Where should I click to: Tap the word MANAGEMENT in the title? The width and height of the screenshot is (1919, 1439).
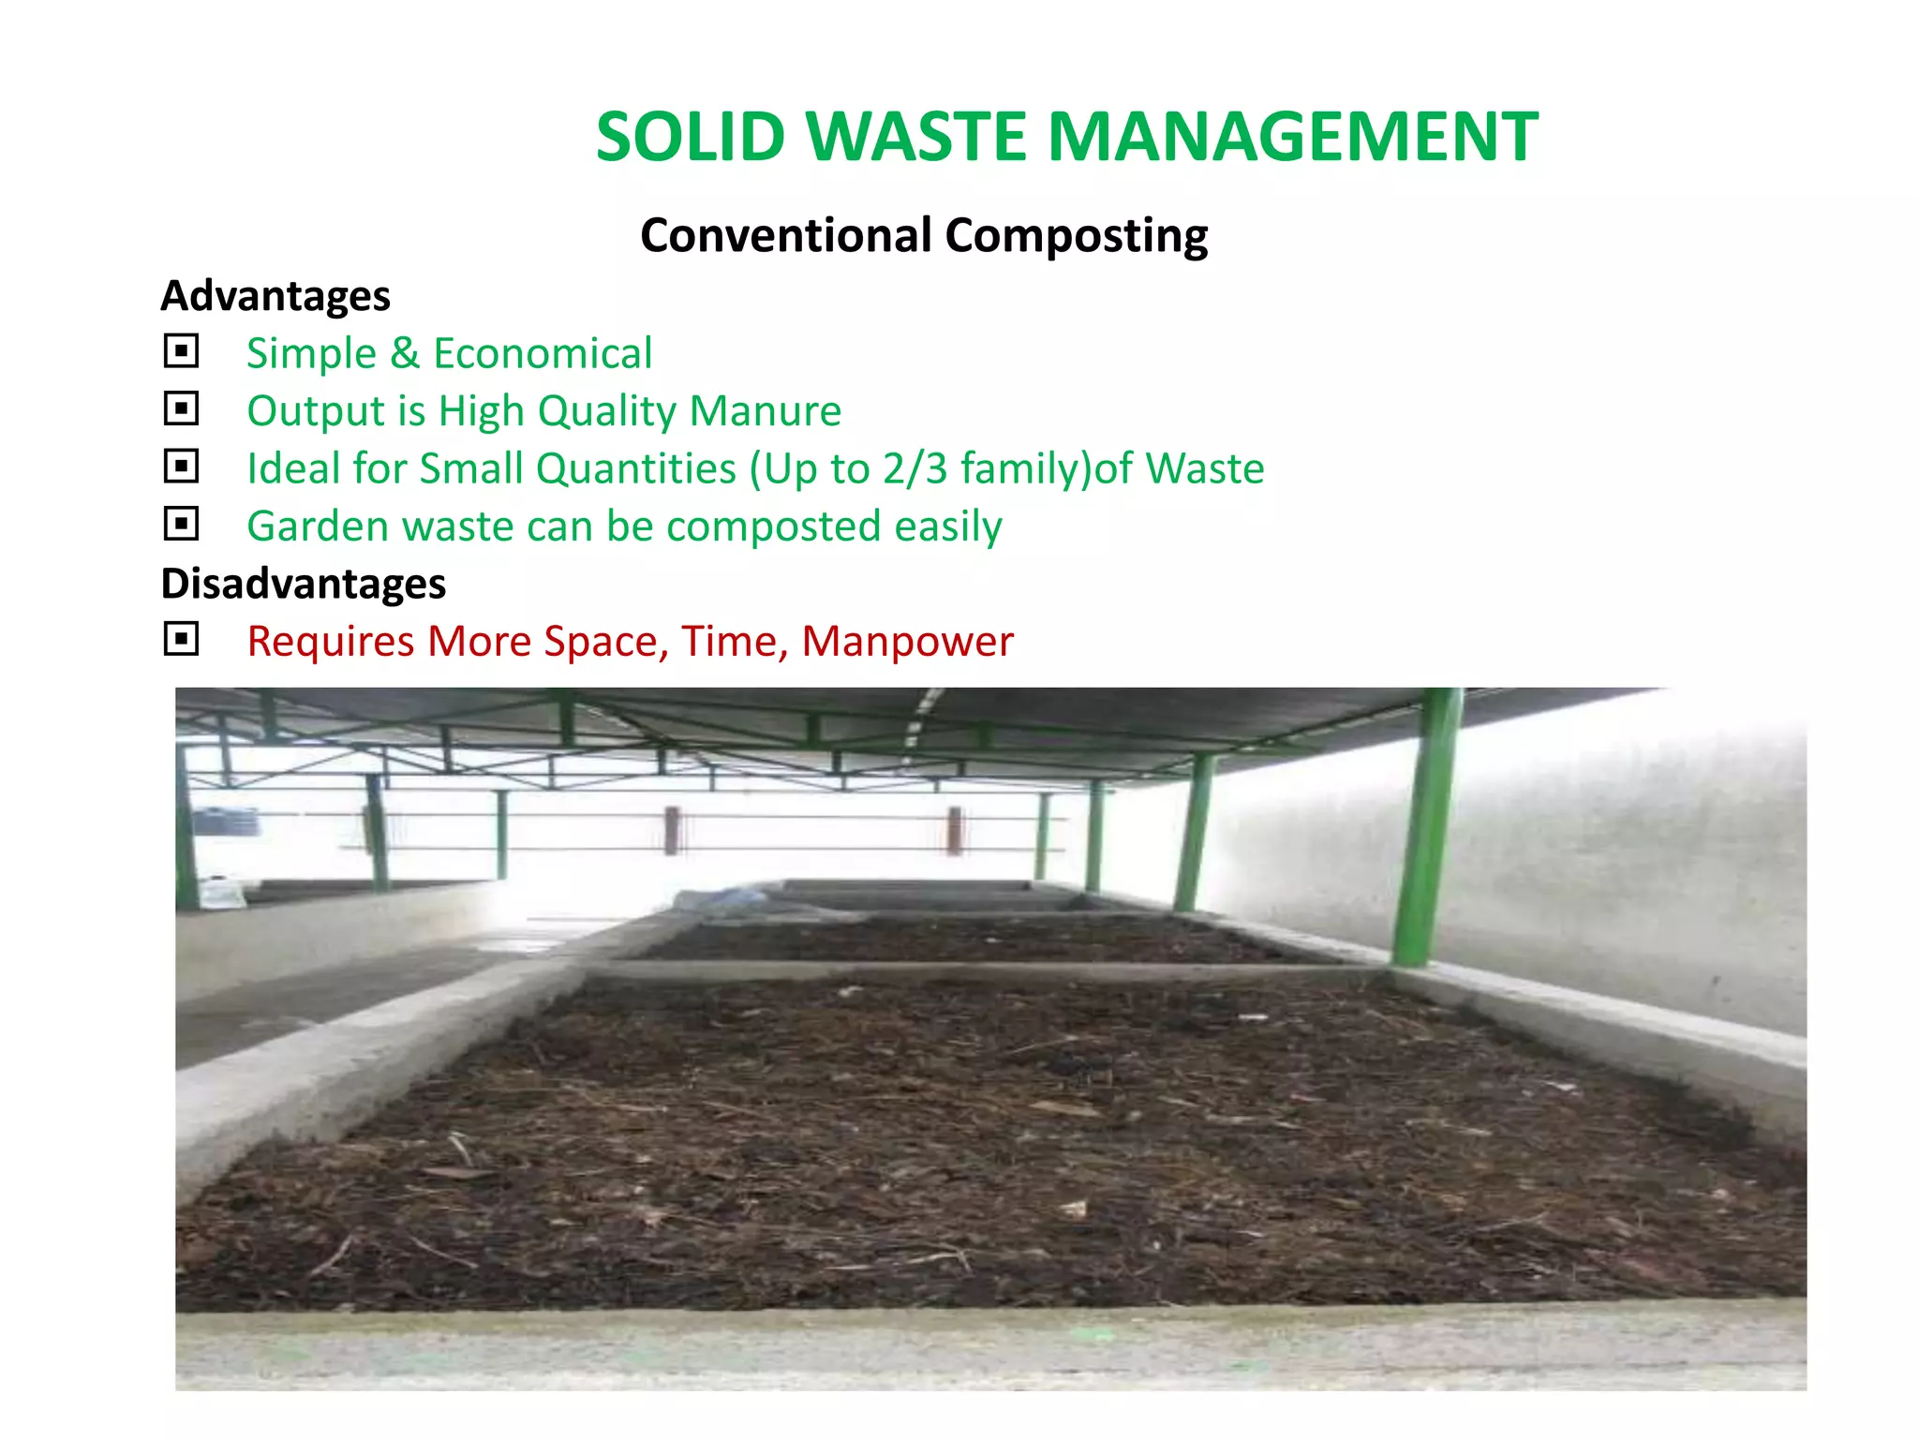click(1292, 137)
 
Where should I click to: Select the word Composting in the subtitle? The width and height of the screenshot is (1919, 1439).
click(1077, 236)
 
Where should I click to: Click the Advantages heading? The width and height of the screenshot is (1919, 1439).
click(275, 296)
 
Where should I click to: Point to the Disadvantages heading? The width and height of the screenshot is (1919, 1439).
click(304, 584)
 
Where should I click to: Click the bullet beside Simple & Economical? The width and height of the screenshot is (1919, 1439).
click(181, 351)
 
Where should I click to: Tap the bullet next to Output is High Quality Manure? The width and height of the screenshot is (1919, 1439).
click(181, 409)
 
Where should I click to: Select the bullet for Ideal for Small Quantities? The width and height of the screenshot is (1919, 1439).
click(181, 467)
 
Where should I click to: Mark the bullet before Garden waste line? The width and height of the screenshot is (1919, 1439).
click(181, 524)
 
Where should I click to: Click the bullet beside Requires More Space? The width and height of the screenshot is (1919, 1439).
click(181, 640)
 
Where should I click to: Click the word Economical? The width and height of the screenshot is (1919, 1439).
click(543, 354)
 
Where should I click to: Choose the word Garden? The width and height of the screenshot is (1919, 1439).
click(317, 527)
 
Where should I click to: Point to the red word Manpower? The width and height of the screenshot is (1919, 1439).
click(907, 643)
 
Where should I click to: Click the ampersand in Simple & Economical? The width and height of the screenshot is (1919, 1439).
click(405, 354)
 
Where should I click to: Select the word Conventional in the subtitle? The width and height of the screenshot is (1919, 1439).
click(786, 235)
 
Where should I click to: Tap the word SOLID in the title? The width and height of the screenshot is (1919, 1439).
click(691, 137)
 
